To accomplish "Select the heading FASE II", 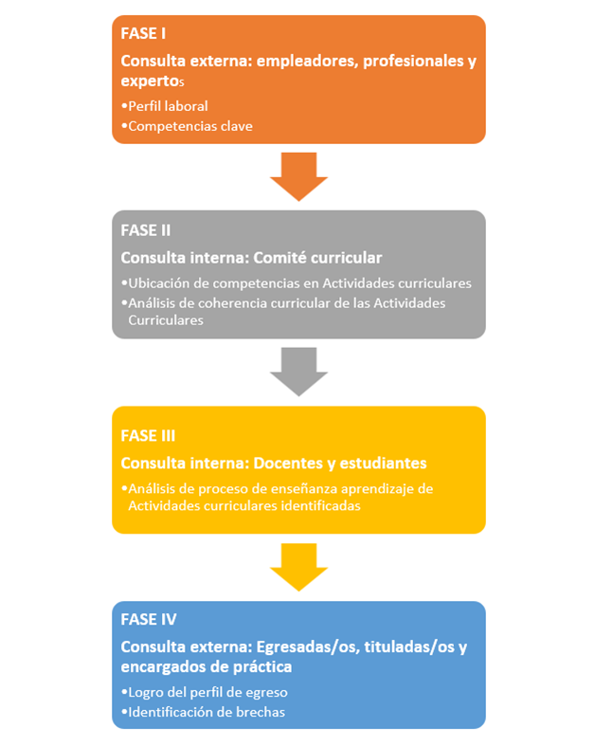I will pos(145,229).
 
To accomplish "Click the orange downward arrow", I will pos(298,175).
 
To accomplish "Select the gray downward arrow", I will pos(298,371).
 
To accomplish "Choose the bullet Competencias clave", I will pos(189,125).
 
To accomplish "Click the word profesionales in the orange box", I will pos(405,61).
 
